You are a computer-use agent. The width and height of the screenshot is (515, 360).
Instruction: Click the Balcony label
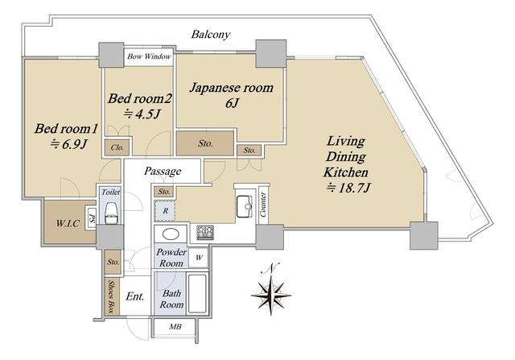tap(211, 35)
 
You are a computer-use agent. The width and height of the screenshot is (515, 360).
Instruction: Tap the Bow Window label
tap(149, 56)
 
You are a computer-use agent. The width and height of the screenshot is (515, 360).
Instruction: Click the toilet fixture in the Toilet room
tap(111, 213)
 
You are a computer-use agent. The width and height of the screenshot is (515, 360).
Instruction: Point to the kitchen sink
tap(245, 206)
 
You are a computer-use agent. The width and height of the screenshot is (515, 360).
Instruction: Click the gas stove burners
tap(205, 233)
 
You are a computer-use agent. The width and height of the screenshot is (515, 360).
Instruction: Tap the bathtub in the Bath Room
tap(198, 294)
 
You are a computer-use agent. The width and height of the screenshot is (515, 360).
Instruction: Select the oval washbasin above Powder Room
tap(171, 234)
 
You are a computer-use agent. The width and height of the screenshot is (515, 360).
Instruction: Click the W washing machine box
tap(199, 258)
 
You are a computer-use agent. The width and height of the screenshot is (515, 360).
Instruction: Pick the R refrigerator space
tap(165, 211)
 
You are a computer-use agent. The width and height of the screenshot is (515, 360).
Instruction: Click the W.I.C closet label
tap(68, 224)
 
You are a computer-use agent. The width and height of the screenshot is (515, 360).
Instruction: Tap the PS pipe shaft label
tap(91, 219)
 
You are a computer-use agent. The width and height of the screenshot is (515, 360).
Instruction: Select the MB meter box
tap(175, 327)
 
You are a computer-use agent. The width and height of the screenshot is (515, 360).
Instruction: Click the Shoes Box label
tap(112, 296)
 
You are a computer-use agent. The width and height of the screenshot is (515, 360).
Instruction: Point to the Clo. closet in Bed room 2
tap(117, 147)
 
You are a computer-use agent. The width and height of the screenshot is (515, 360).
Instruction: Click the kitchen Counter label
tap(263, 205)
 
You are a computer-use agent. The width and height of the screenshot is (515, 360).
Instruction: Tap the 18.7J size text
tap(348, 188)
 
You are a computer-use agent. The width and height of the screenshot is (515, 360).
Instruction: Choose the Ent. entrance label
tap(135, 296)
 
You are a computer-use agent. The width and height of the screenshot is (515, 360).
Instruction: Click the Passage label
tap(163, 172)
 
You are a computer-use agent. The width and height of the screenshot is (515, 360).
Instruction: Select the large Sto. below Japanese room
tap(205, 143)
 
